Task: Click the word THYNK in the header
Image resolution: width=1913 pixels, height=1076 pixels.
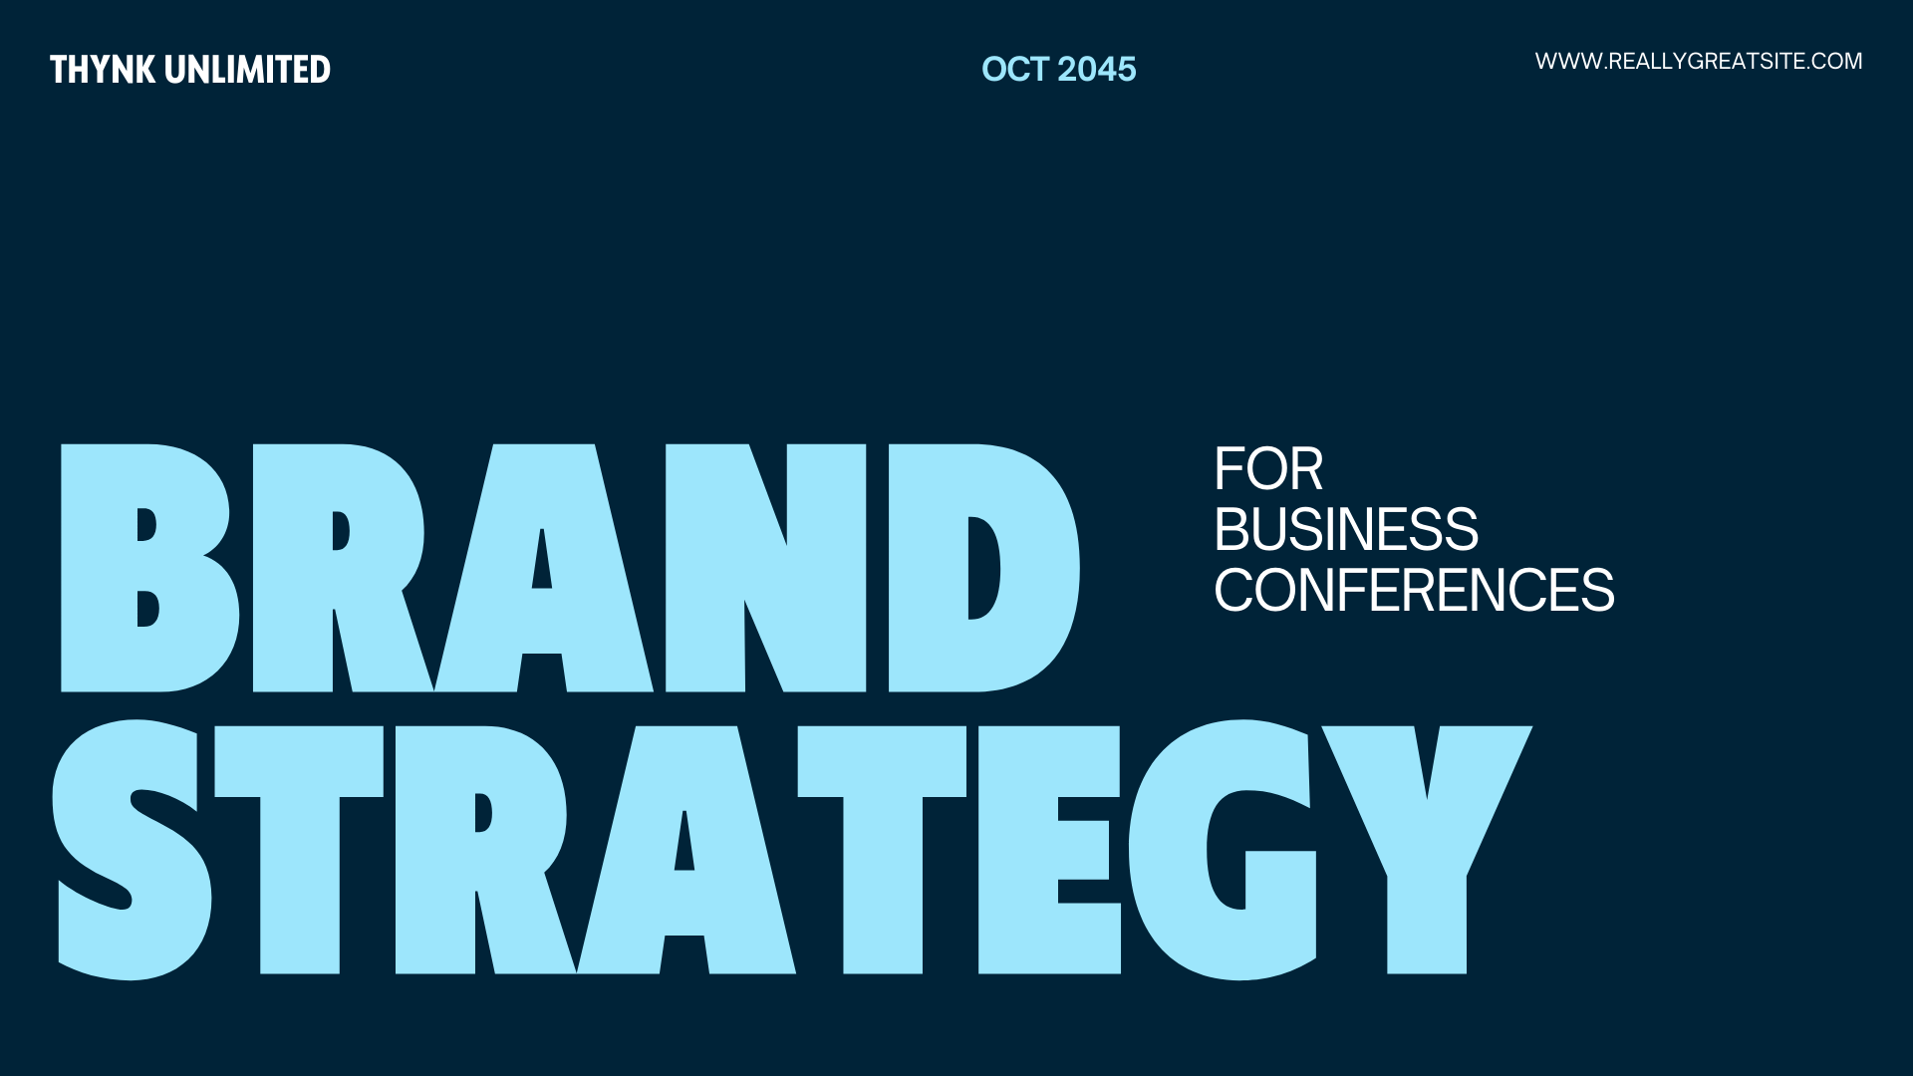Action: point(103,70)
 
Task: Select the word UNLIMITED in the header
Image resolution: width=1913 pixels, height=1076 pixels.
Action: point(248,70)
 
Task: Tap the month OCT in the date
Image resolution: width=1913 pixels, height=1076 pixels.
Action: point(1015,69)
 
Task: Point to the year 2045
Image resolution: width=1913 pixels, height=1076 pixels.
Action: point(1097,69)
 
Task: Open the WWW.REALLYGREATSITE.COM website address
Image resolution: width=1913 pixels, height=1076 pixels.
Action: point(1699,61)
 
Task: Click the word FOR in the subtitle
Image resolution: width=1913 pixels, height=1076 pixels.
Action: point(1268,469)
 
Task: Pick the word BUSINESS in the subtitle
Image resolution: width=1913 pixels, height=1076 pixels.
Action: point(1346,529)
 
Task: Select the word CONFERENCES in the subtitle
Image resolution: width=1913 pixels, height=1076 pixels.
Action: point(1414,590)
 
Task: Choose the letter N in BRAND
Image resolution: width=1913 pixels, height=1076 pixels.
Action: point(765,568)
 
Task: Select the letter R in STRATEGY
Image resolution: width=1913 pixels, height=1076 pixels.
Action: point(438,850)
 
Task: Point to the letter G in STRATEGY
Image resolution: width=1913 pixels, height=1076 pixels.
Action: point(1166,850)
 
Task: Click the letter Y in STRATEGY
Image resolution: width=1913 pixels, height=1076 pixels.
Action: point(1427,897)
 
